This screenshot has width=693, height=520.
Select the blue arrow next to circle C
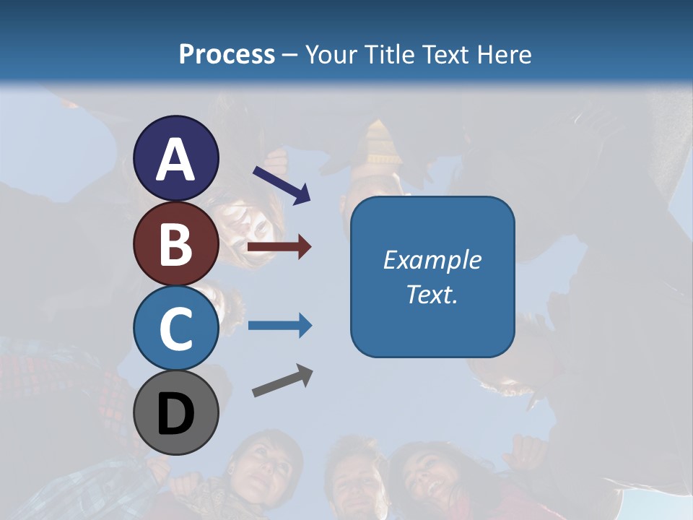click(279, 326)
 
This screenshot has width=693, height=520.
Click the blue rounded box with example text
click(432, 277)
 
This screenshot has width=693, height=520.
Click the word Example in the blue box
click(432, 260)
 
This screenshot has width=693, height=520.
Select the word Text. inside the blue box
click(432, 295)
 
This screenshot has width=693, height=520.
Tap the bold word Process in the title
click(227, 54)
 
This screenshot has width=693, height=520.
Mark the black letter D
click(175, 415)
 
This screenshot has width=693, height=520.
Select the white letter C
click(175, 329)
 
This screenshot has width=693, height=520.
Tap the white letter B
click(175, 244)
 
